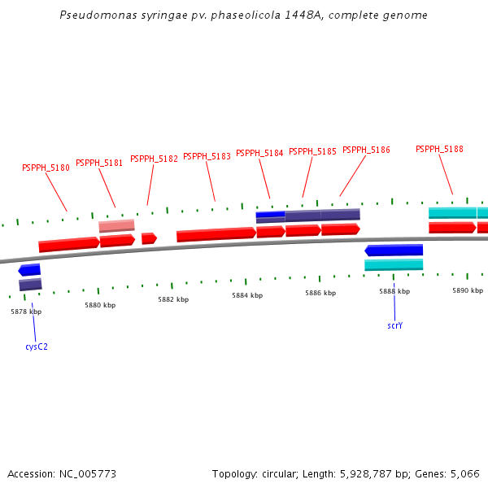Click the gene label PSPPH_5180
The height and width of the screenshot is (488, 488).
[46, 168]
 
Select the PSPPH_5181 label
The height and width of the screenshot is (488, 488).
[99, 163]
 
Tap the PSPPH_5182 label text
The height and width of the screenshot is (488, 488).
[154, 159]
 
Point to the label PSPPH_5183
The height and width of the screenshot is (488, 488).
[207, 156]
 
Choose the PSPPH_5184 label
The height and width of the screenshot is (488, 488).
[259, 153]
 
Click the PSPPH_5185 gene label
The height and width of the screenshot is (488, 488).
[312, 151]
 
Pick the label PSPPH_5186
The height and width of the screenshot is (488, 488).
[366, 150]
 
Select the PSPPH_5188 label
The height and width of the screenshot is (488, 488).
[439, 149]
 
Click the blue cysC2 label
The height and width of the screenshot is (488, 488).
[37, 346]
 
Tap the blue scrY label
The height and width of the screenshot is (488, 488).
[394, 325]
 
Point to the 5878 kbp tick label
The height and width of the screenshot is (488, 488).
[26, 312]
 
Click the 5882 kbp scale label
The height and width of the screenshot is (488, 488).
[173, 299]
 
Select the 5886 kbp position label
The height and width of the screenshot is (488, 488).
[320, 293]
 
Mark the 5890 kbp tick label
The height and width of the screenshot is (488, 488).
[468, 290]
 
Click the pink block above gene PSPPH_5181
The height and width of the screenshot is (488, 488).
[117, 225]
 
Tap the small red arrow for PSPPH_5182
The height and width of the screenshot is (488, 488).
[149, 238]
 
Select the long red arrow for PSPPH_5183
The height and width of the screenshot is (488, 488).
[216, 234]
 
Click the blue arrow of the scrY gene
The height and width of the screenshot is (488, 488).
[394, 251]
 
